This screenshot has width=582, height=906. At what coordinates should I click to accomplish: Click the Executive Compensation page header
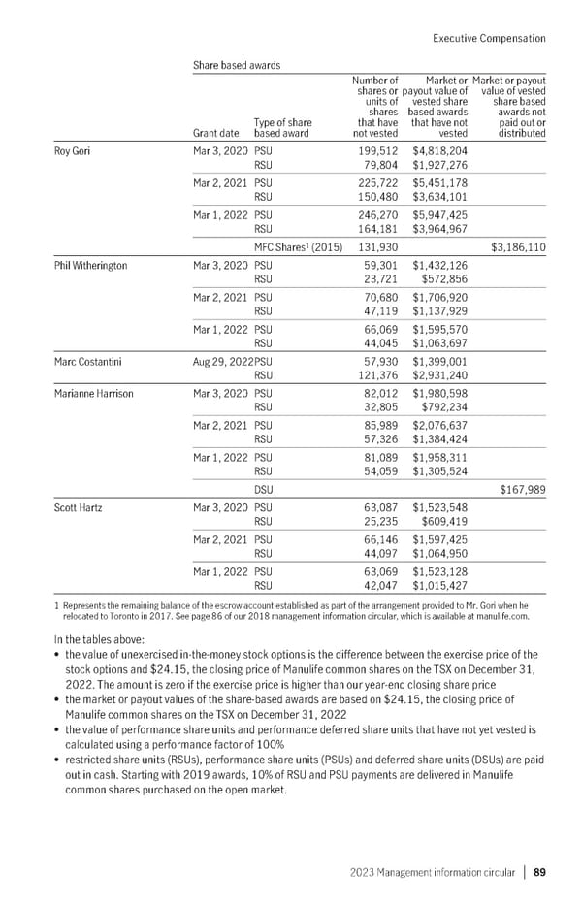(487, 38)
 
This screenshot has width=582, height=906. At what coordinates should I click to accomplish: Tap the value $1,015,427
(439, 584)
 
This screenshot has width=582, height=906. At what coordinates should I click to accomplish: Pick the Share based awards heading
(238, 65)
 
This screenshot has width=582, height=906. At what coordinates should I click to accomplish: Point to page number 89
(539, 872)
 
